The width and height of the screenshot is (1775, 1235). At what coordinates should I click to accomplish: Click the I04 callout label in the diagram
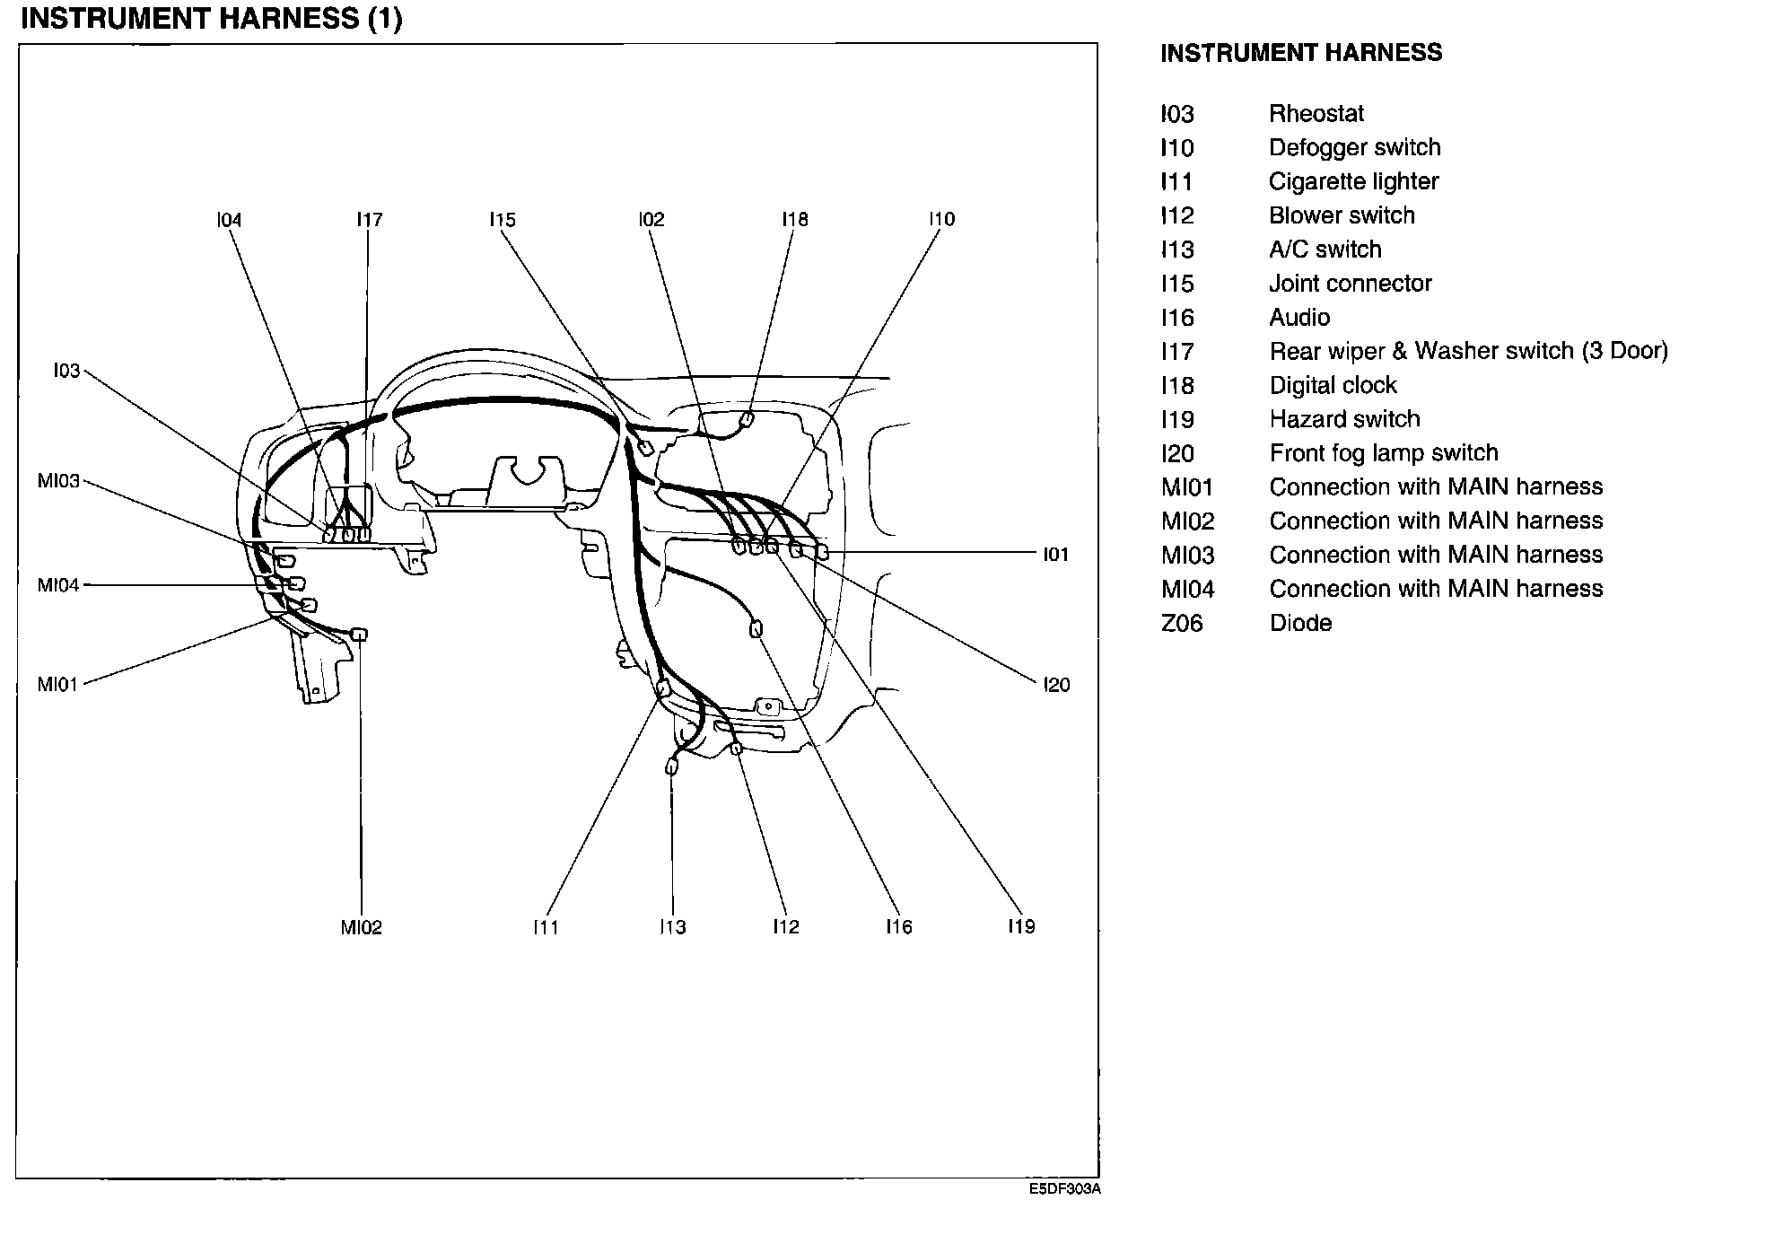(229, 220)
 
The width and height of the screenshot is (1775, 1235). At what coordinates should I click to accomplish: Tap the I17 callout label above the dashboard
(369, 220)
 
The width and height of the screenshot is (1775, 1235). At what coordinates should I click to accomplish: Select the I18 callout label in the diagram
(794, 220)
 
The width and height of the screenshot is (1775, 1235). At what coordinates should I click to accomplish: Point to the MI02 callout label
(361, 927)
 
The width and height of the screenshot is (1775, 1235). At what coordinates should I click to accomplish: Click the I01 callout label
(1055, 555)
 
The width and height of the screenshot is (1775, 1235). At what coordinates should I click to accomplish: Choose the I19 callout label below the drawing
(1021, 927)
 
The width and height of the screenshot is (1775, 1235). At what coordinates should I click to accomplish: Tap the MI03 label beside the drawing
(58, 481)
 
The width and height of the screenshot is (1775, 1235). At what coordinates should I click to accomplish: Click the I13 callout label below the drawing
(672, 927)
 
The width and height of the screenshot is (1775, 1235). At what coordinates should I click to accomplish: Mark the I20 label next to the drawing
(1056, 685)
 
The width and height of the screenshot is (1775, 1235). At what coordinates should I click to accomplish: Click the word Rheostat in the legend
(1316, 114)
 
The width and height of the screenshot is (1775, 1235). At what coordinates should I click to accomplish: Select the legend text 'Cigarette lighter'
(1353, 182)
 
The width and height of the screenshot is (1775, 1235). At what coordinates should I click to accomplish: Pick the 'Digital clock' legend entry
(1333, 386)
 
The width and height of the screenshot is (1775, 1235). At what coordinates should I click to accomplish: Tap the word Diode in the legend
(1300, 623)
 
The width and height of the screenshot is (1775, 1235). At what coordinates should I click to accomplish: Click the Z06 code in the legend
(1181, 623)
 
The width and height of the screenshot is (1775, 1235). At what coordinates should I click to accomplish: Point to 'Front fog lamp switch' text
(1383, 453)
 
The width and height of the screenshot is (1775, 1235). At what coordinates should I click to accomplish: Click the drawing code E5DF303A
(1064, 1189)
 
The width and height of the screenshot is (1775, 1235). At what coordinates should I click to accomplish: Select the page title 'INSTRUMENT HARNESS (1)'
(211, 19)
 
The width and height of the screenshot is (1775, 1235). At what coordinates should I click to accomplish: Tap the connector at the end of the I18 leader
(746, 419)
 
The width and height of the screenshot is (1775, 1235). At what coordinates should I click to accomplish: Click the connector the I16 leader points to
(756, 629)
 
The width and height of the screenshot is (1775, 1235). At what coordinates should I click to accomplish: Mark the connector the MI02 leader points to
(359, 635)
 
